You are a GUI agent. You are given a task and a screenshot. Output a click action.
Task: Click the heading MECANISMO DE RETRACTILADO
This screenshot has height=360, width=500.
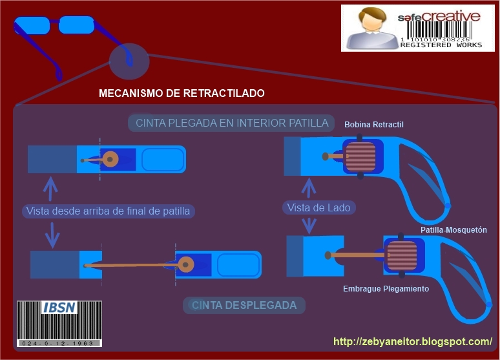(182, 94)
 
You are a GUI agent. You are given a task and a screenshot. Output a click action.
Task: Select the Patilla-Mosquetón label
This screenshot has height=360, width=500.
(453, 230)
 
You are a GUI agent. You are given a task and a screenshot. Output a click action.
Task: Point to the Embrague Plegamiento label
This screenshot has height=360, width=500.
(386, 289)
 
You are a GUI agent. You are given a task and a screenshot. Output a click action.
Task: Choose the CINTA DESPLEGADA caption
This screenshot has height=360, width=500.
(244, 305)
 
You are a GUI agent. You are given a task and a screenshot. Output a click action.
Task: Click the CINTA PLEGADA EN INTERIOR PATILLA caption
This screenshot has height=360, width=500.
(232, 123)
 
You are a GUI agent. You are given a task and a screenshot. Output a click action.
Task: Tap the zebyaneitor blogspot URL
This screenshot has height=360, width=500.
(413, 341)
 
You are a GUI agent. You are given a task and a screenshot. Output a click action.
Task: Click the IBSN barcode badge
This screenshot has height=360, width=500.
(58, 324)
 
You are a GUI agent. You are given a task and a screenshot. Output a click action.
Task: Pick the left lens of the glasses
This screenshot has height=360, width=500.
(32, 26)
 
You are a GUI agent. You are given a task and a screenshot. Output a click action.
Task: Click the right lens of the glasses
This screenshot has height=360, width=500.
(77, 26)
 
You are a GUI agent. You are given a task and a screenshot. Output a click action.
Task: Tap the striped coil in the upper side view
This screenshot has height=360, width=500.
(360, 157)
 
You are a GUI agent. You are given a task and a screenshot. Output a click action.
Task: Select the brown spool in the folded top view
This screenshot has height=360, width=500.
(110, 158)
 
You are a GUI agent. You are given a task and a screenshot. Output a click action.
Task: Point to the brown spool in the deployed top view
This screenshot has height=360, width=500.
(187, 264)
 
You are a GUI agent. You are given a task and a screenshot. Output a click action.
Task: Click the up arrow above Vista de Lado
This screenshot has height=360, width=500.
(309, 187)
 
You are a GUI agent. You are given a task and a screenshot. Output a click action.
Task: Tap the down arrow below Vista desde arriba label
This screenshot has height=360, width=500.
(52, 235)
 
